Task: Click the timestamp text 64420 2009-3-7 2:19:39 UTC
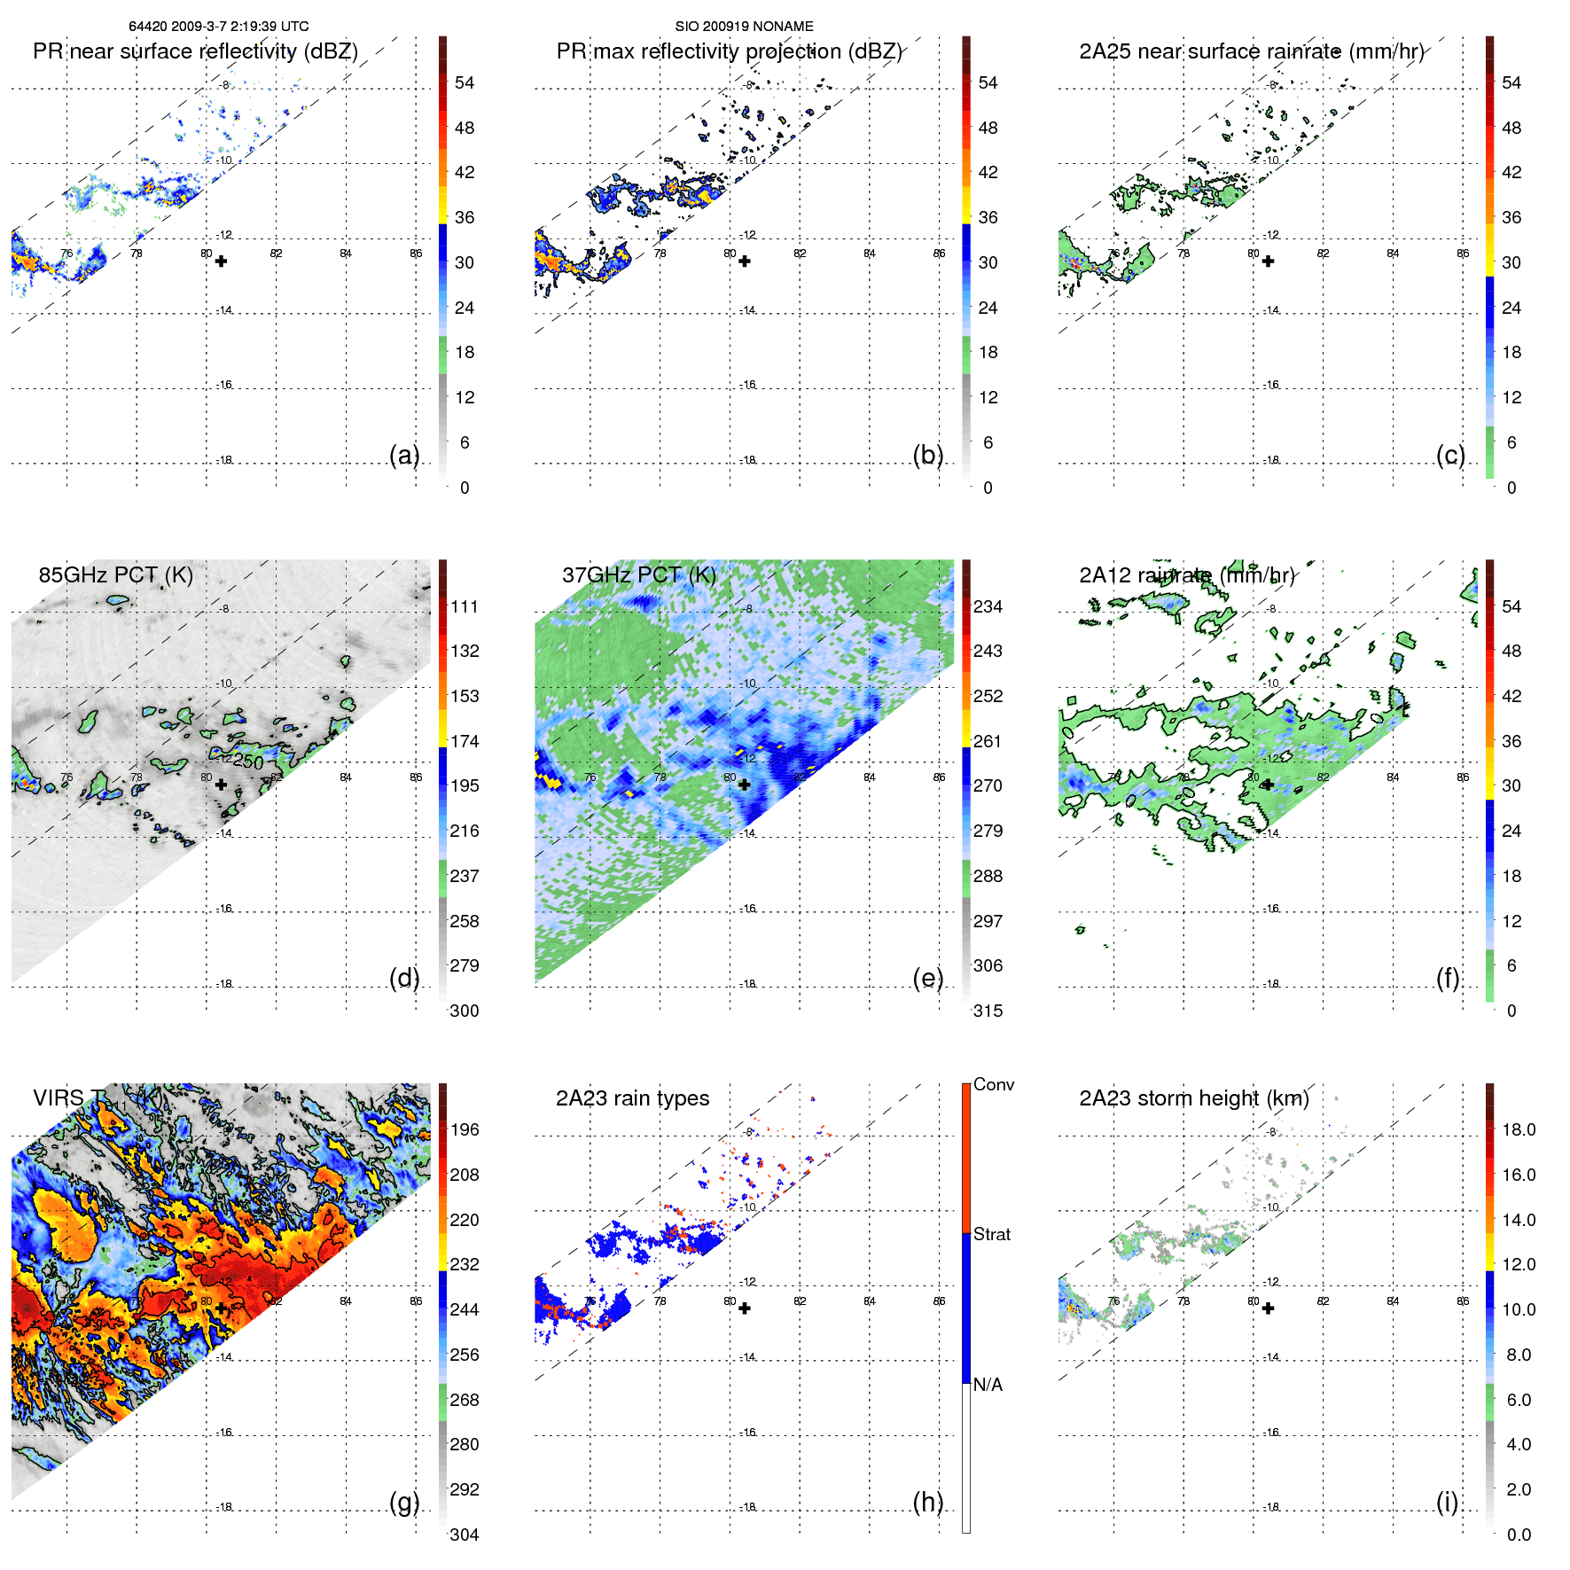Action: [218, 27]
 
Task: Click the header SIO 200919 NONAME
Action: [744, 27]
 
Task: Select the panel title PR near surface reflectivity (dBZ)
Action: [195, 51]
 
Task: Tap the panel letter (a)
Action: [404, 455]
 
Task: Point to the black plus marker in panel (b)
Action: [745, 262]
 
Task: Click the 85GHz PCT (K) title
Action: [115, 574]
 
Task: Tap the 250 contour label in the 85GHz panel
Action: [248, 762]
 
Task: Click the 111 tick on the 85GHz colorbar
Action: [465, 606]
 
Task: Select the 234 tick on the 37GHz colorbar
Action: [988, 606]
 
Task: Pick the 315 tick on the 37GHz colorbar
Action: [988, 1011]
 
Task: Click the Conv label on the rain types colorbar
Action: [994, 1084]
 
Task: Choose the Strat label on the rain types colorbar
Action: [992, 1234]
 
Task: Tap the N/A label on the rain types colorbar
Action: [988, 1385]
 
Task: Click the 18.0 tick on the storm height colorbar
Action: [1519, 1129]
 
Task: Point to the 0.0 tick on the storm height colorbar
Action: [1519, 1535]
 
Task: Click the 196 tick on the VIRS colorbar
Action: [465, 1129]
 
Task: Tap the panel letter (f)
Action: [1448, 978]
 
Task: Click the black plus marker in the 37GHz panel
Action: [745, 785]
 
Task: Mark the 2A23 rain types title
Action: [632, 1098]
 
